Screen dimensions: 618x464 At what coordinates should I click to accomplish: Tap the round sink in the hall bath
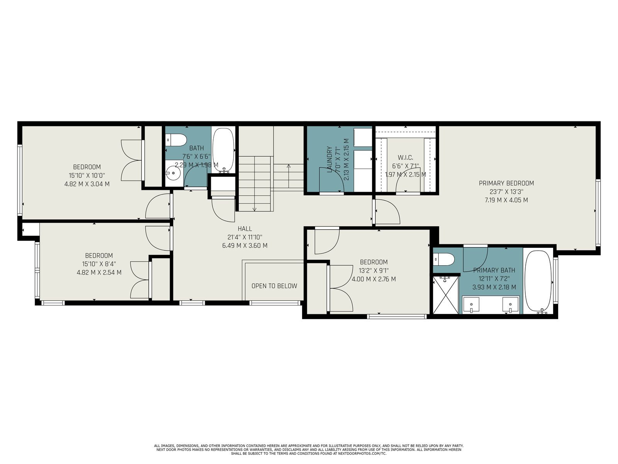(x=173, y=173)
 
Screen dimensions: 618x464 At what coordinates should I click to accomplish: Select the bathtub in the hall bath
(x=223, y=150)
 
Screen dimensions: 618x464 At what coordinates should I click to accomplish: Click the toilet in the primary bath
(x=444, y=259)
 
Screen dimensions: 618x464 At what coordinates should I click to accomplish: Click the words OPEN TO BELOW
(x=274, y=286)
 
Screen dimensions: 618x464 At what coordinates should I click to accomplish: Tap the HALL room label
(x=244, y=229)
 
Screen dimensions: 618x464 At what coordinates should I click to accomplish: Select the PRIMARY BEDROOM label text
(x=506, y=183)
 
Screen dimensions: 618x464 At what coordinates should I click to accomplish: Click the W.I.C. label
(x=406, y=157)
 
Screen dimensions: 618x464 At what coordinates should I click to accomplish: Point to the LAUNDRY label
(x=330, y=159)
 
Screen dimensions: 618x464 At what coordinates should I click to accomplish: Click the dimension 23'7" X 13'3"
(x=506, y=191)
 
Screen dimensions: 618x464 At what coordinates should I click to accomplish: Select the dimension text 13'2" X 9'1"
(x=374, y=270)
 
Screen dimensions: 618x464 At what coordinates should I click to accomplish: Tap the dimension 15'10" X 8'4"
(x=99, y=264)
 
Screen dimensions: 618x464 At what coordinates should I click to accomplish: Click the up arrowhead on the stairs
(x=289, y=166)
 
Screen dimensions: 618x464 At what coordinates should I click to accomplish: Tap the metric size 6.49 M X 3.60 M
(x=244, y=246)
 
